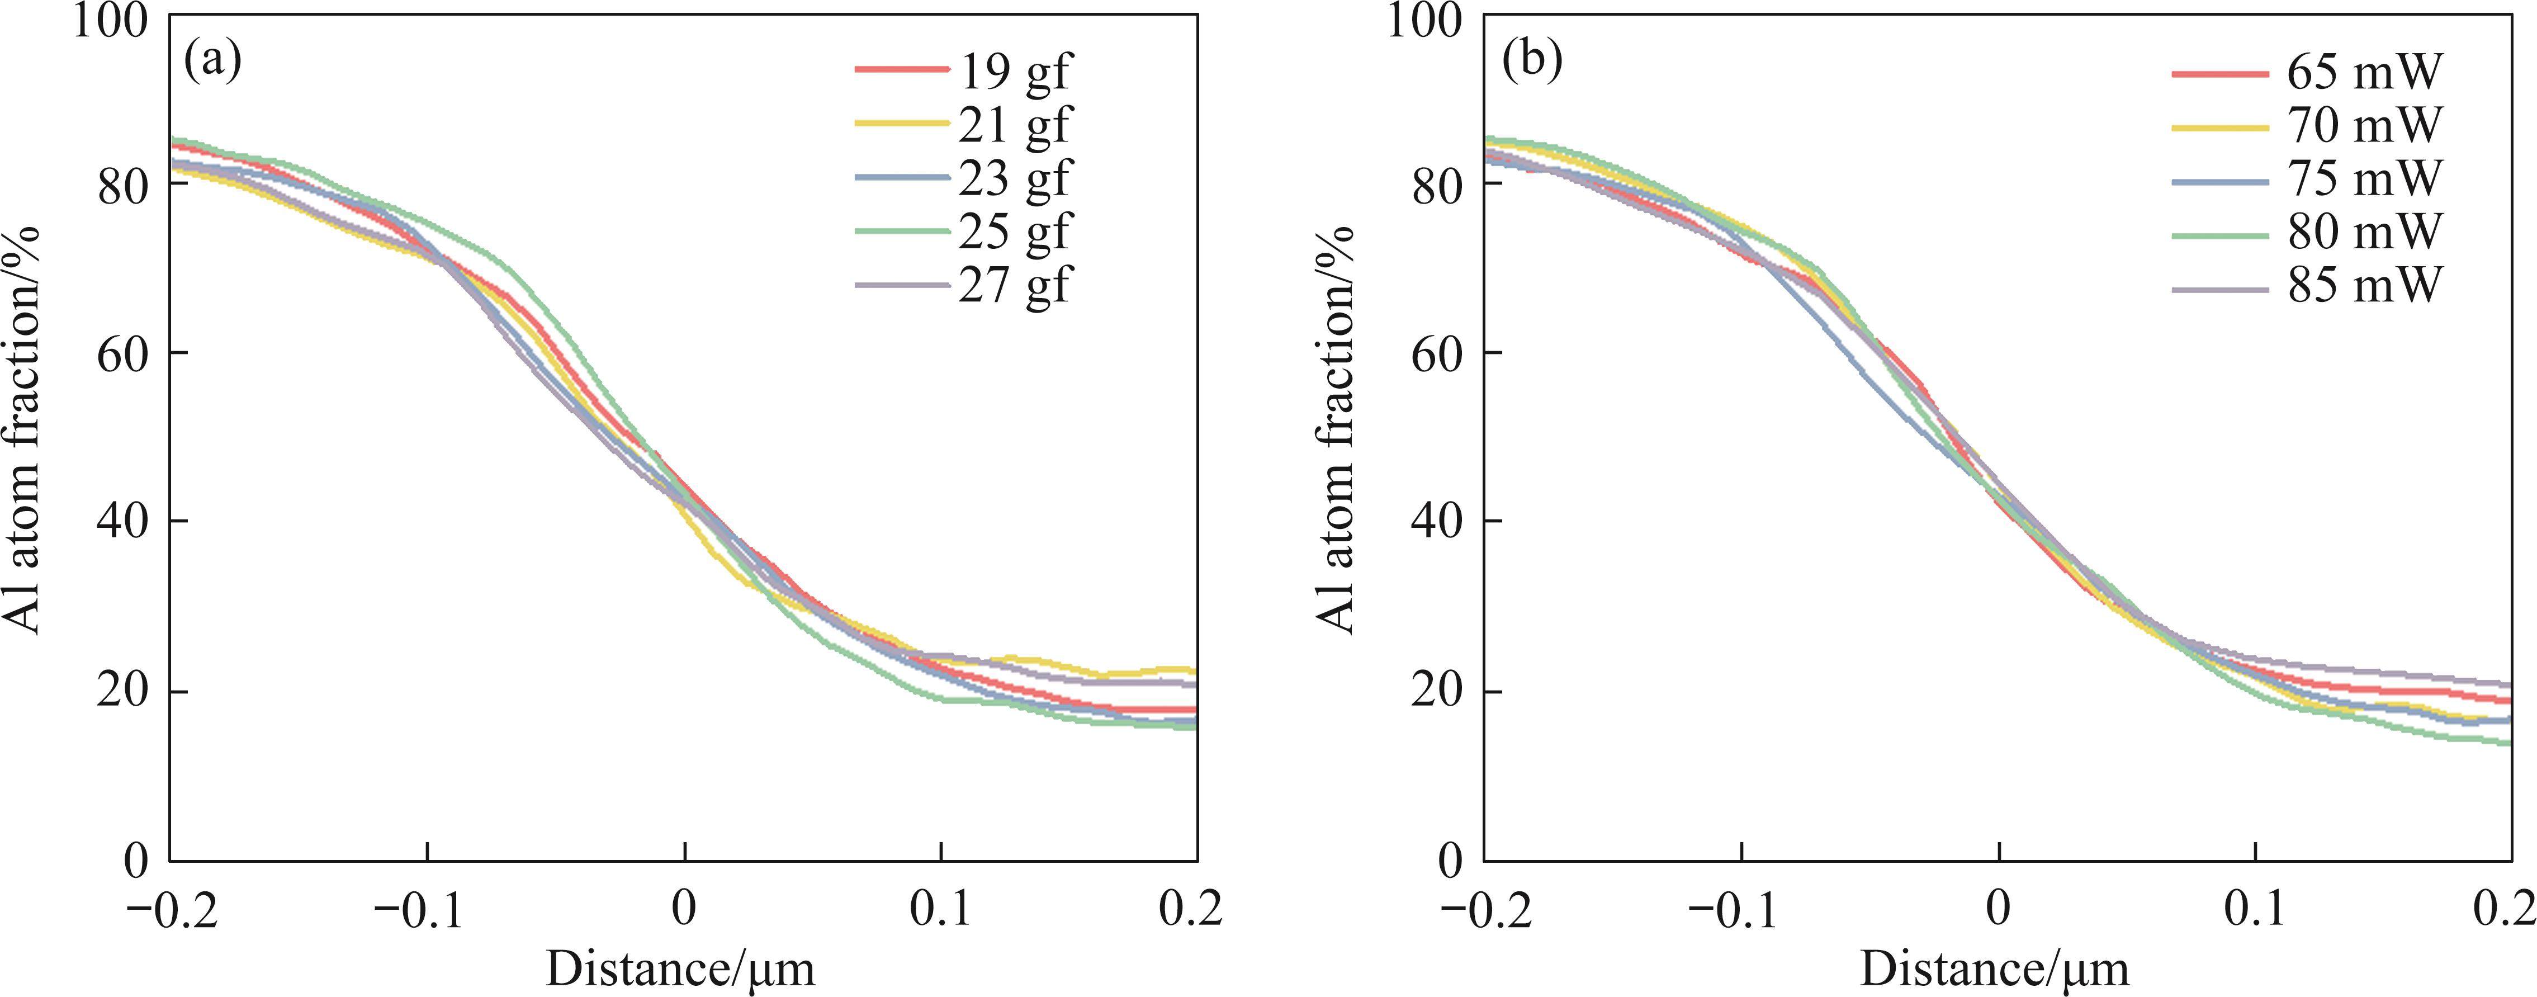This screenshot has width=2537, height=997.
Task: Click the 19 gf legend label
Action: [x=1014, y=73]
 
